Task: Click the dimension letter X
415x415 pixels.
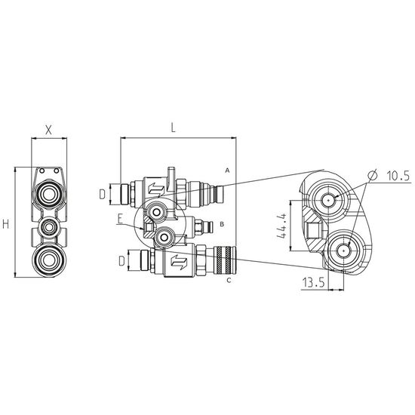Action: click(x=49, y=130)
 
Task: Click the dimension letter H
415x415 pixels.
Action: click(x=6, y=224)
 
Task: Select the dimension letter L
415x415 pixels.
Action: click(x=173, y=128)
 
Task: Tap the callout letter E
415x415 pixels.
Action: click(x=121, y=219)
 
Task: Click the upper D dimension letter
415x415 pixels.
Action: click(x=102, y=195)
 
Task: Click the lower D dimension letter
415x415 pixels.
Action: click(x=121, y=261)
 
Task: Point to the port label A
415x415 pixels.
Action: click(x=227, y=171)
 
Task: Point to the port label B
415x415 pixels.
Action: click(x=222, y=224)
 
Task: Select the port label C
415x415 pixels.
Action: click(x=229, y=280)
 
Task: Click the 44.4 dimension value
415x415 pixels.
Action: click(x=282, y=226)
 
